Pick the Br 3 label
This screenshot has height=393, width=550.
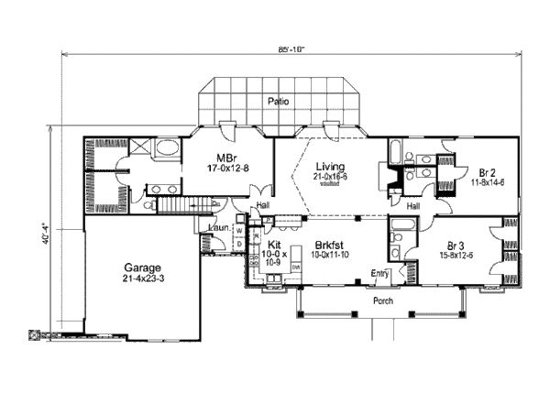pos(457,245)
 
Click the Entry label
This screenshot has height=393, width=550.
pos(378,273)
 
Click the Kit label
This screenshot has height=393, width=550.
pos(273,245)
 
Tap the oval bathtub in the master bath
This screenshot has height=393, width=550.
pos(168,149)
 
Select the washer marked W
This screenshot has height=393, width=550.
pos(239,233)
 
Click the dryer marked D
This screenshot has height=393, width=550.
pos(239,245)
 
